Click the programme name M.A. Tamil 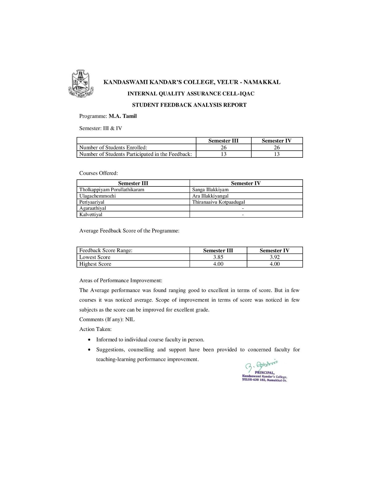click(123, 116)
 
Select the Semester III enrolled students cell click(223, 148)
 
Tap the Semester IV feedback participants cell click(277, 154)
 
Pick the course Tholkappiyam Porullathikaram click(112, 190)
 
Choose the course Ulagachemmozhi click(98, 196)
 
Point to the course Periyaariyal click(92, 202)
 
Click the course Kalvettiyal click(91, 215)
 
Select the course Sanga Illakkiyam click(210, 190)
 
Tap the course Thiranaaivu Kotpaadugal click(219, 202)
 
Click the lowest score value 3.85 click(218, 257)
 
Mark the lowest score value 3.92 click(275, 257)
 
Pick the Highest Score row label click(95, 264)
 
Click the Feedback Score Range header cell click(106, 250)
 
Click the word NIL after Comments click(130, 320)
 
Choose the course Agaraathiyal click(93, 208)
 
